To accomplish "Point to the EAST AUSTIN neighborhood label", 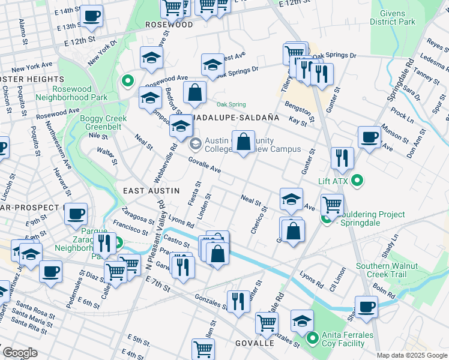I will click(151, 190).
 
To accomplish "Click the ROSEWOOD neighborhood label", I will click(169, 25).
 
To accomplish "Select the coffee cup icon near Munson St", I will click(369, 137).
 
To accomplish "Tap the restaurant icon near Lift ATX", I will click(342, 158).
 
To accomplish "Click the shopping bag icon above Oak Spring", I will click(194, 92).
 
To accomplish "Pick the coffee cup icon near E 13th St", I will click(92, 17).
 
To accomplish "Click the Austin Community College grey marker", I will click(195, 144).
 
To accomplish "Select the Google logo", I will click(20, 353).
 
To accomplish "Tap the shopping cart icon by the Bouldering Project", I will click(331, 205).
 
